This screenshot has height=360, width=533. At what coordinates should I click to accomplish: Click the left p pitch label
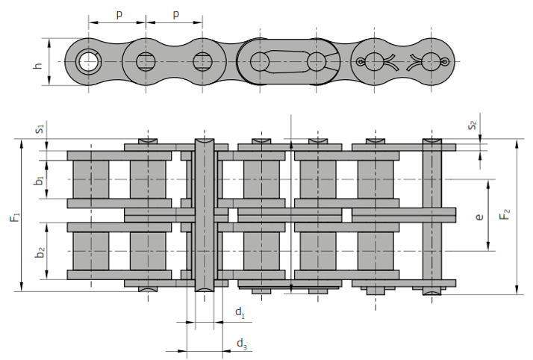coord(118,14)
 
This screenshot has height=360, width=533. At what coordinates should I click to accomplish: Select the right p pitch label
coord(175,14)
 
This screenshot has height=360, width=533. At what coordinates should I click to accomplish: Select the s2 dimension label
coord(471,125)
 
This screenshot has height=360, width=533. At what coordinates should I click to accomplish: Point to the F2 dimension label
coord(505,216)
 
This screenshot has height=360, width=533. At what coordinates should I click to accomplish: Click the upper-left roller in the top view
coord(90,179)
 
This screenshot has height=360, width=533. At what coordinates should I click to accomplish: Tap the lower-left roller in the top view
coord(90,252)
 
